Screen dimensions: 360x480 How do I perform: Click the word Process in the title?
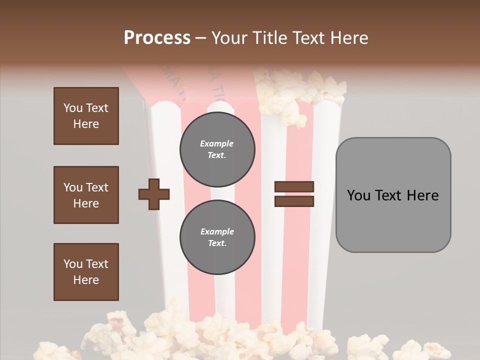[157, 38]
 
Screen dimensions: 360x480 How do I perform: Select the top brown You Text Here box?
[86, 116]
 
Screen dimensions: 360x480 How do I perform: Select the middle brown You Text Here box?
[86, 195]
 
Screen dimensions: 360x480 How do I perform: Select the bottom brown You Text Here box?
[86, 272]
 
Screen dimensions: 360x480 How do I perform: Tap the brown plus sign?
[154, 194]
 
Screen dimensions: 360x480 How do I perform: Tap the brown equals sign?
[294, 194]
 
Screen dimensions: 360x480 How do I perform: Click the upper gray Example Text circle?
[217, 149]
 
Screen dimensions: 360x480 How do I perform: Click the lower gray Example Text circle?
[217, 237]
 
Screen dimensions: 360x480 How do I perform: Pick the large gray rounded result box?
[393, 195]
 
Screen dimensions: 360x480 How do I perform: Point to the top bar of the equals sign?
[294, 187]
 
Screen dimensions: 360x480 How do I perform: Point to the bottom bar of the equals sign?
[294, 201]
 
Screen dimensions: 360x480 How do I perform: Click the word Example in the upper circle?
[216, 143]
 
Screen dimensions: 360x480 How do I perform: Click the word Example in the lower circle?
[217, 231]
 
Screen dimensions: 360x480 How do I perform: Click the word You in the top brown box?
[72, 108]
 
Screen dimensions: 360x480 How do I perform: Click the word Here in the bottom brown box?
[86, 280]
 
